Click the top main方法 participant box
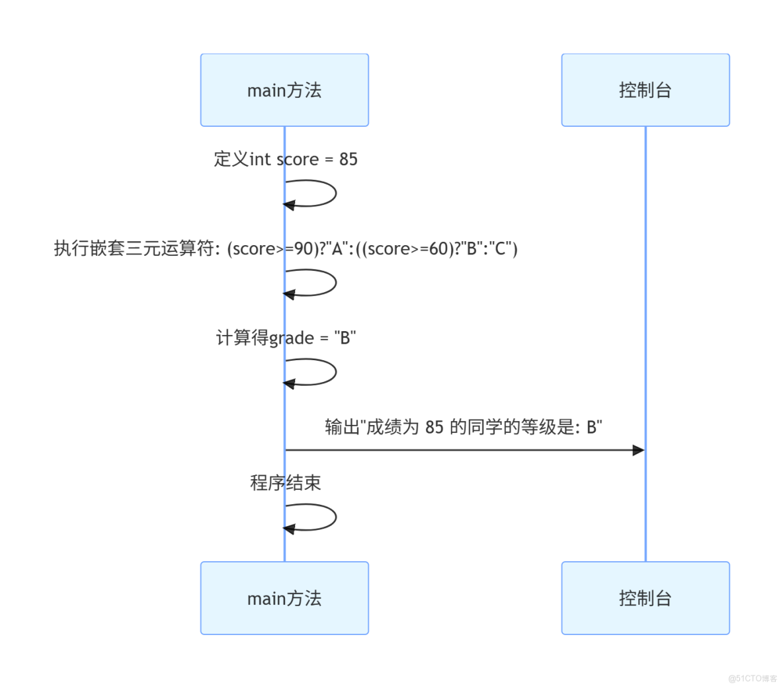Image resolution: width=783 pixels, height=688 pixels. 284,90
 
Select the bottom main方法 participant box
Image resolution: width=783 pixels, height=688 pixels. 284,598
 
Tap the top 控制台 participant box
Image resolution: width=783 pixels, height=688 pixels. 645,90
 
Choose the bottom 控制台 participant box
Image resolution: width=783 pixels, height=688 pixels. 645,598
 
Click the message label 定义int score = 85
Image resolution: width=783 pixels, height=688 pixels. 285,159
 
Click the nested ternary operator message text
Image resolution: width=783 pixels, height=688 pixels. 285,248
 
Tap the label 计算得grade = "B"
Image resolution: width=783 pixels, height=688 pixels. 285,338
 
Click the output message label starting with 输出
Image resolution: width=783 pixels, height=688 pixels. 463,427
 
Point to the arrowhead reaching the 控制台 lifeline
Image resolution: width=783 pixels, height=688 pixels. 638,450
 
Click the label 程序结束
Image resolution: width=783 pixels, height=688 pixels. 285,483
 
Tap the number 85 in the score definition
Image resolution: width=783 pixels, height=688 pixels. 348,159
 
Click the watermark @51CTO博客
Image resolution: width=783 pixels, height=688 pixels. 753,678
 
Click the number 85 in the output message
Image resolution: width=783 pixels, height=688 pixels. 434,428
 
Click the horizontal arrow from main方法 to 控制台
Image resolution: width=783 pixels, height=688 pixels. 463,450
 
